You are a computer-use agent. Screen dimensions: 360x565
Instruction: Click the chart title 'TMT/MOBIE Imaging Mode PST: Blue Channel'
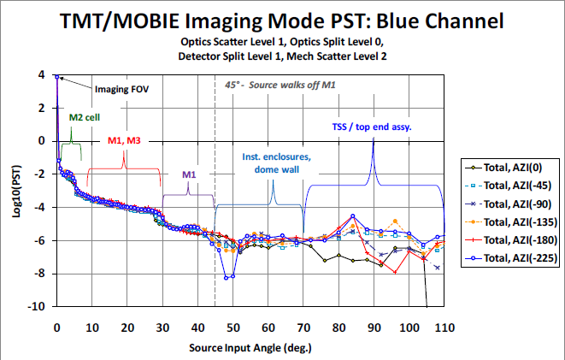pos(282,20)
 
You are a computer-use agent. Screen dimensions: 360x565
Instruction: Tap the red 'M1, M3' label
pos(125,139)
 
